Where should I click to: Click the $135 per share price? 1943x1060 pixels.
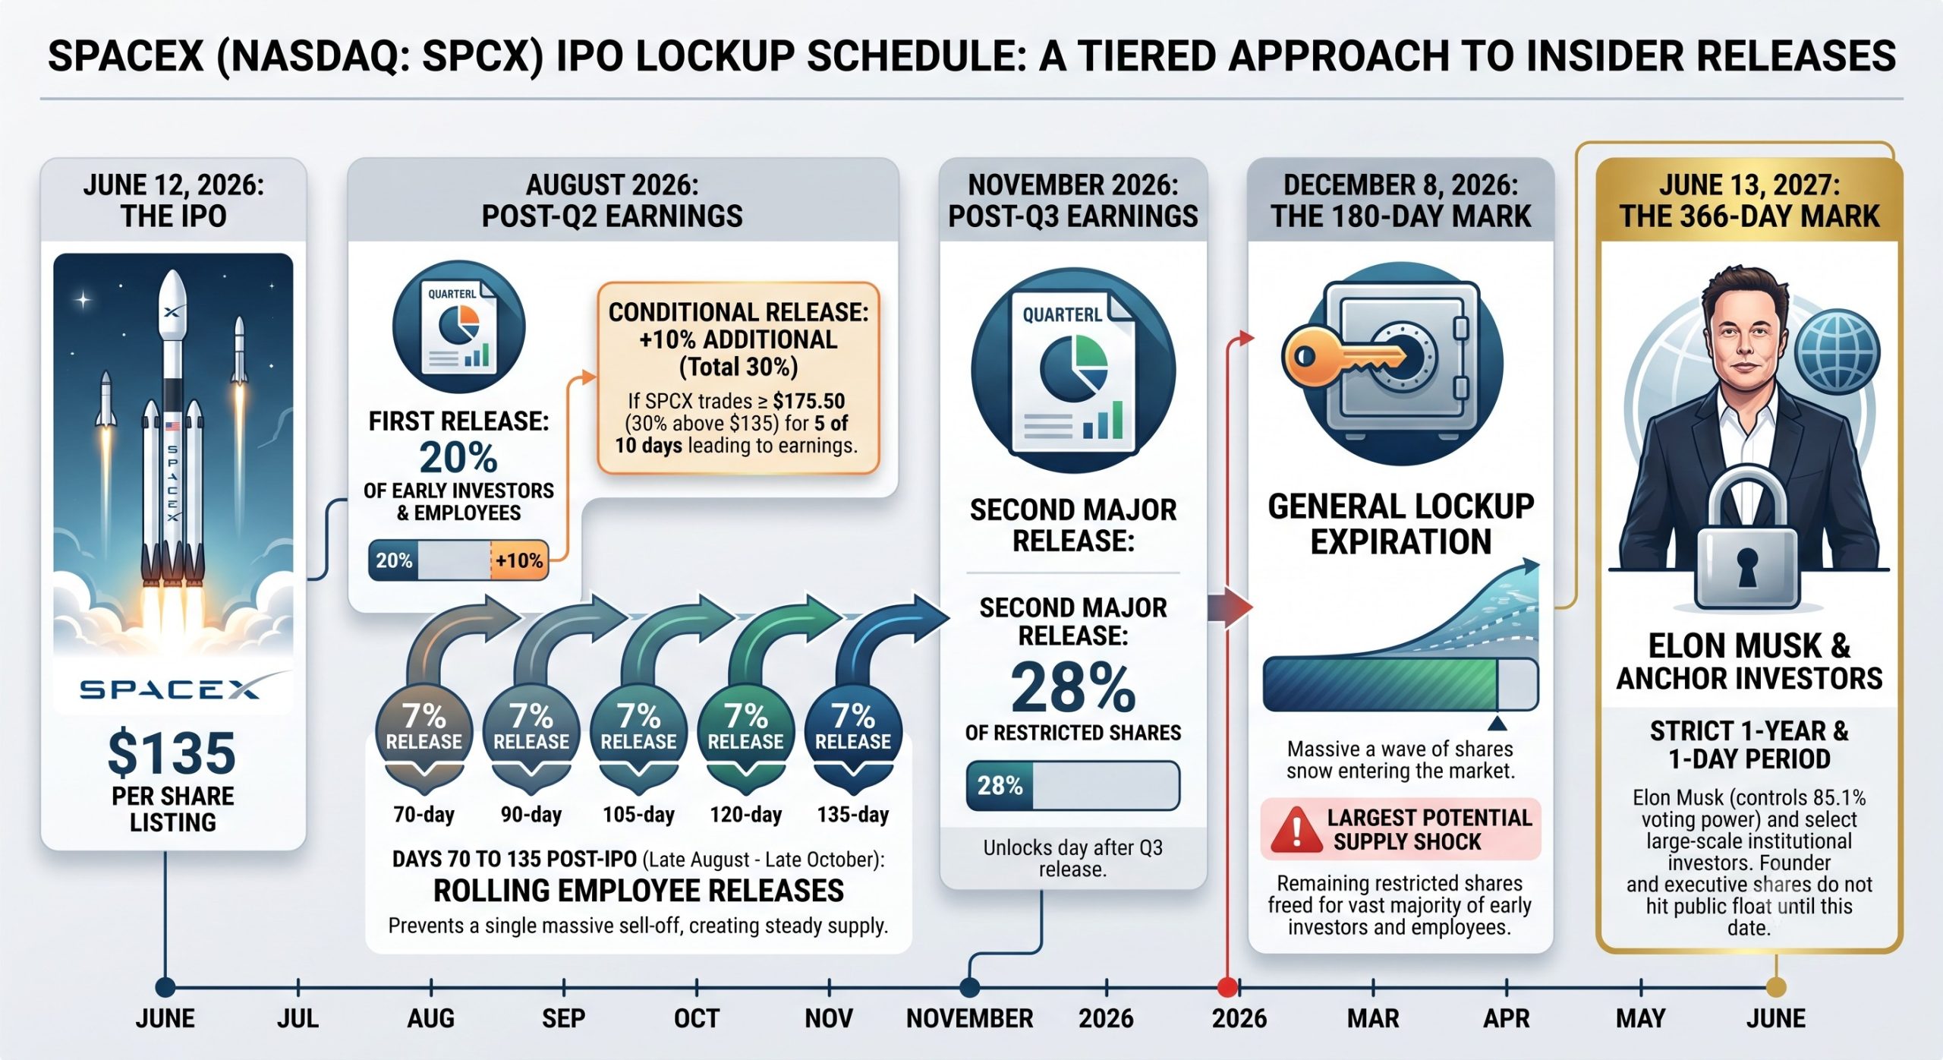(x=172, y=752)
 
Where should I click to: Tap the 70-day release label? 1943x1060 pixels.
(x=424, y=815)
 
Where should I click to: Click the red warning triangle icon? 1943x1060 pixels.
(x=1297, y=829)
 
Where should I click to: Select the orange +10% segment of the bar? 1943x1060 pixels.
(x=519, y=561)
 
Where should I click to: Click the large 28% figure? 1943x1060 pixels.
(x=1072, y=688)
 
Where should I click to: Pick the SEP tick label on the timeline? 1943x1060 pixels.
(x=563, y=1018)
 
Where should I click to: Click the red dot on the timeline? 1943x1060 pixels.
(x=1227, y=987)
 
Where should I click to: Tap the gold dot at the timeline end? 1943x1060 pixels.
(x=1776, y=987)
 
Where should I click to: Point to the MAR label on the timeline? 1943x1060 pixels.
(x=1373, y=1018)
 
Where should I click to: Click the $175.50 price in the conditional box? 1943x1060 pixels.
(x=809, y=401)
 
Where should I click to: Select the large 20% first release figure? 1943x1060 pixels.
(x=458, y=458)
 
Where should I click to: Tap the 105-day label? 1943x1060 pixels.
(x=638, y=815)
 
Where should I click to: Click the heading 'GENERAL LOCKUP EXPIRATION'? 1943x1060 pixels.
(x=1401, y=524)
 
